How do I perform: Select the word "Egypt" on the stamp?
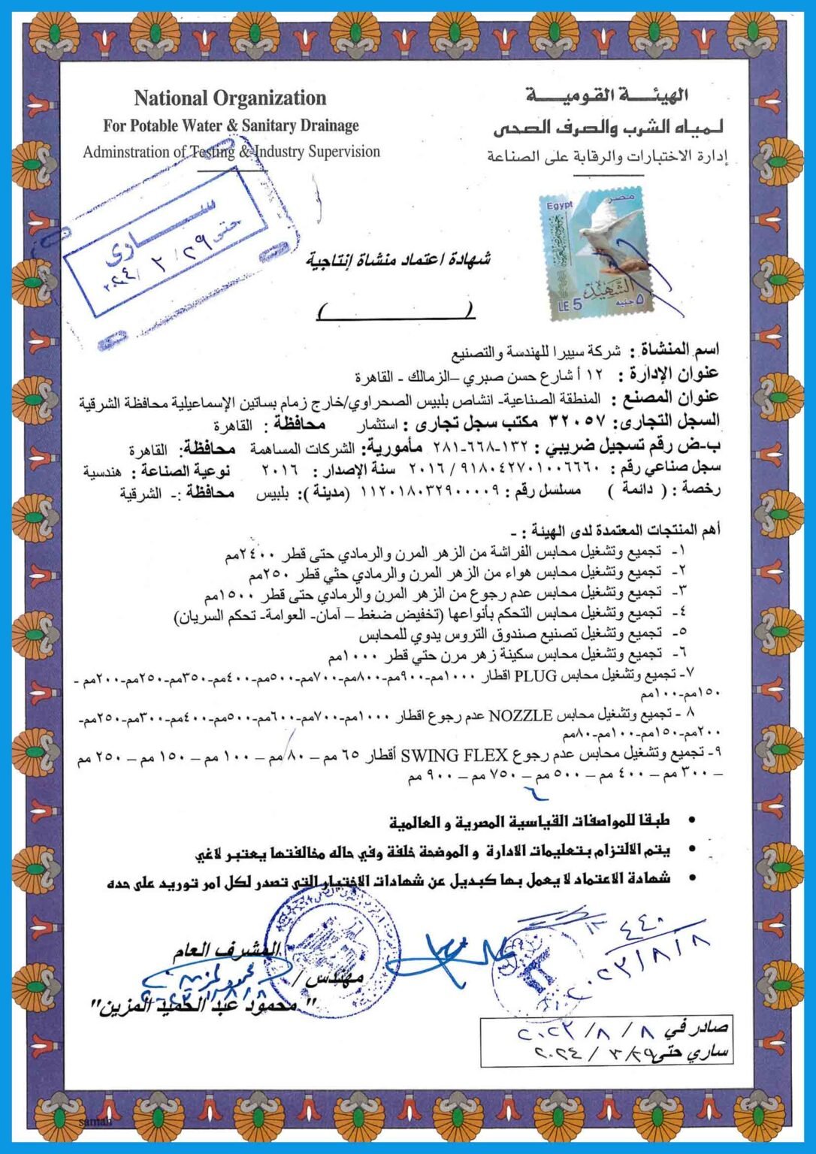(559, 205)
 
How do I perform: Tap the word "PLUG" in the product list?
(533, 675)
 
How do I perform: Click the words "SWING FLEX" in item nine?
(455, 754)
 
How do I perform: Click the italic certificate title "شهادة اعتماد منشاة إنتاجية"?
(398, 260)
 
